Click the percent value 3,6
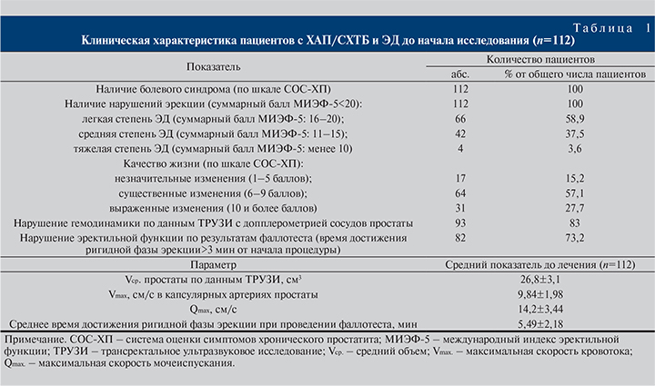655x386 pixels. click(x=568, y=149)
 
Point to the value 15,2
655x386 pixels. click(x=568, y=179)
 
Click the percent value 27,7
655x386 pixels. click(x=568, y=209)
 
